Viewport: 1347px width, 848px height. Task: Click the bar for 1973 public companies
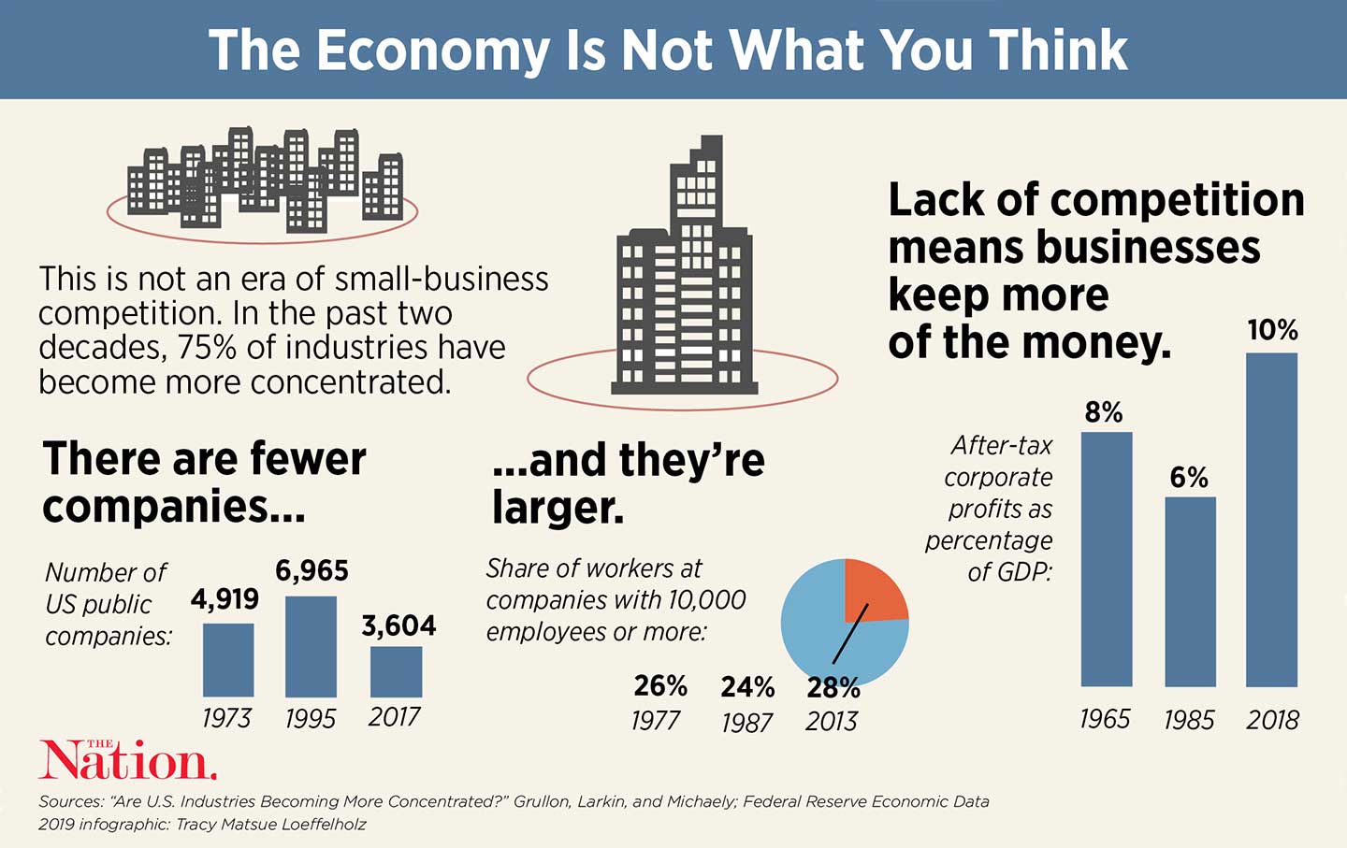point(228,659)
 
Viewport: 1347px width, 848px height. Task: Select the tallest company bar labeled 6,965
point(311,646)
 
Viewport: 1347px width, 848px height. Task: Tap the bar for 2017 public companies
point(396,671)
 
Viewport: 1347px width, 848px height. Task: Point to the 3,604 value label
point(398,625)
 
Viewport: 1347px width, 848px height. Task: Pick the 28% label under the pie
point(833,688)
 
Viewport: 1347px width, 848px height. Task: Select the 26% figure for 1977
point(660,686)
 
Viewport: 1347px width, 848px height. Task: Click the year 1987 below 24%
point(746,723)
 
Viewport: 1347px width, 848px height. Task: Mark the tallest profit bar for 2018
point(1272,520)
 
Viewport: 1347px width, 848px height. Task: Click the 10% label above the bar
point(1272,330)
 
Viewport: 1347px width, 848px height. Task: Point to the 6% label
point(1189,478)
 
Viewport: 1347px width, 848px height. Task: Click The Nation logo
point(127,761)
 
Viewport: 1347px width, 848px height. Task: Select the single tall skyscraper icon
point(683,271)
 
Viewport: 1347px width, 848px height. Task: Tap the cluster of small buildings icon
point(265,180)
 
